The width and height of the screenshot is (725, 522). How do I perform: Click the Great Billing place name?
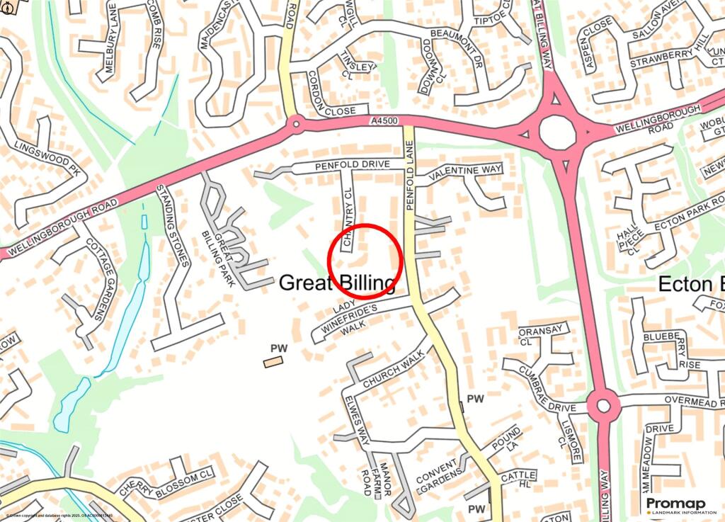click(337, 283)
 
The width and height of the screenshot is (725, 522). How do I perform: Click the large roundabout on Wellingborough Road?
click(557, 130)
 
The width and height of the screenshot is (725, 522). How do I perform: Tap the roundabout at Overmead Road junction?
click(603, 406)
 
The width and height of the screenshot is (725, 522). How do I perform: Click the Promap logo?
click(677, 504)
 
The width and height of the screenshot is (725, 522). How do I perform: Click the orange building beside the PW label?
click(273, 362)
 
